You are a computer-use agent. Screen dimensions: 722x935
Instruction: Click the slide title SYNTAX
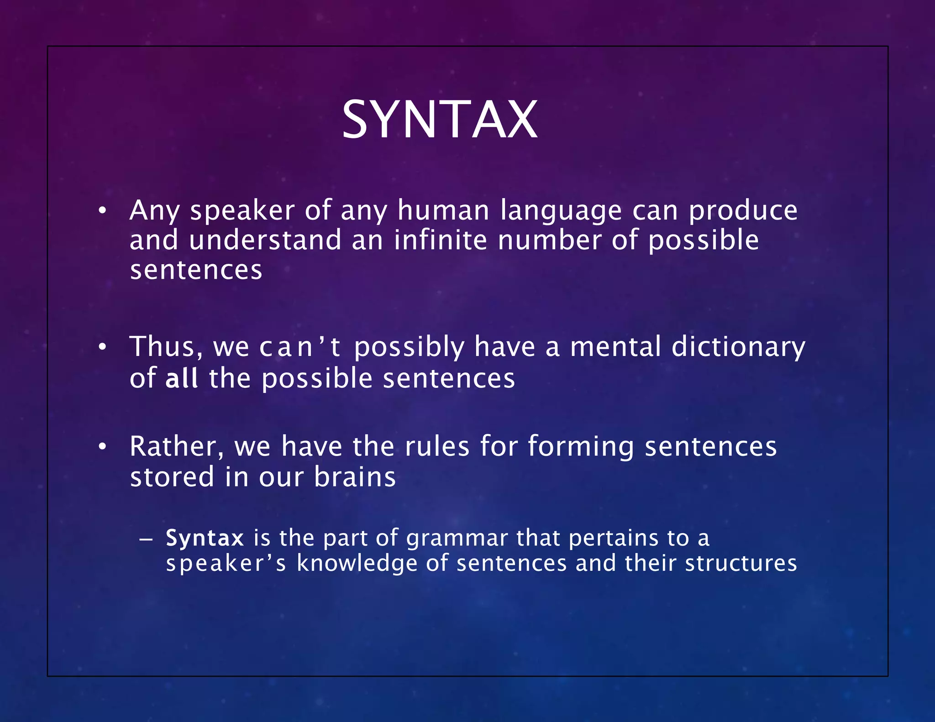click(439, 120)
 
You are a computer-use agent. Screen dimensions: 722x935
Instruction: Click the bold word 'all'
click(181, 378)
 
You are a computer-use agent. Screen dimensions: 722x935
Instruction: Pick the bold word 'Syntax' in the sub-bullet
click(205, 538)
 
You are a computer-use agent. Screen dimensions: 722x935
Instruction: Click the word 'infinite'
click(440, 240)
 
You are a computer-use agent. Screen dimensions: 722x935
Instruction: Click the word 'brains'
click(355, 477)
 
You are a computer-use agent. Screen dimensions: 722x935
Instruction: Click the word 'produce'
click(743, 212)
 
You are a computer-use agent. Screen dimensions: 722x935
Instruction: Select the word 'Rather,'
click(177, 447)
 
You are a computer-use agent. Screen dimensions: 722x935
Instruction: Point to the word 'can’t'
click(300, 347)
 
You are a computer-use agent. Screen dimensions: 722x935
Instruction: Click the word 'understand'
click(265, 240)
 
